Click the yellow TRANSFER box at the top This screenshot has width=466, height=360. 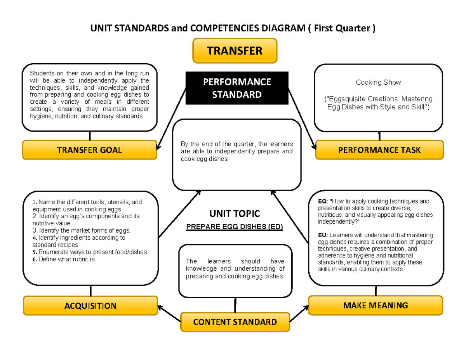coord(235,50)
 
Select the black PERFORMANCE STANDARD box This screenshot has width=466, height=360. coord(236,88)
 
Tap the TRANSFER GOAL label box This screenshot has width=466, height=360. coord(89,150)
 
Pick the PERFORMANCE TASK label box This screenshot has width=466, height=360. coord(379,150)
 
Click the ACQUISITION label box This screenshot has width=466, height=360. coord(90,306)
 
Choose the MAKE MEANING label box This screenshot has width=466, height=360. coord(375,305)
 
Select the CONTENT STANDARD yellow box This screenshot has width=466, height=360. coord(235,322)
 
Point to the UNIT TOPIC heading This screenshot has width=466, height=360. coord(235,214)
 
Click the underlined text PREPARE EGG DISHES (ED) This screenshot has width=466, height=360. coord(235,227)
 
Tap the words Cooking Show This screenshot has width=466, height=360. coord(378,82)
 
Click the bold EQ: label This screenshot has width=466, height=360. coord(323,202)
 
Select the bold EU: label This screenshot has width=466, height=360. coord(323,235)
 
